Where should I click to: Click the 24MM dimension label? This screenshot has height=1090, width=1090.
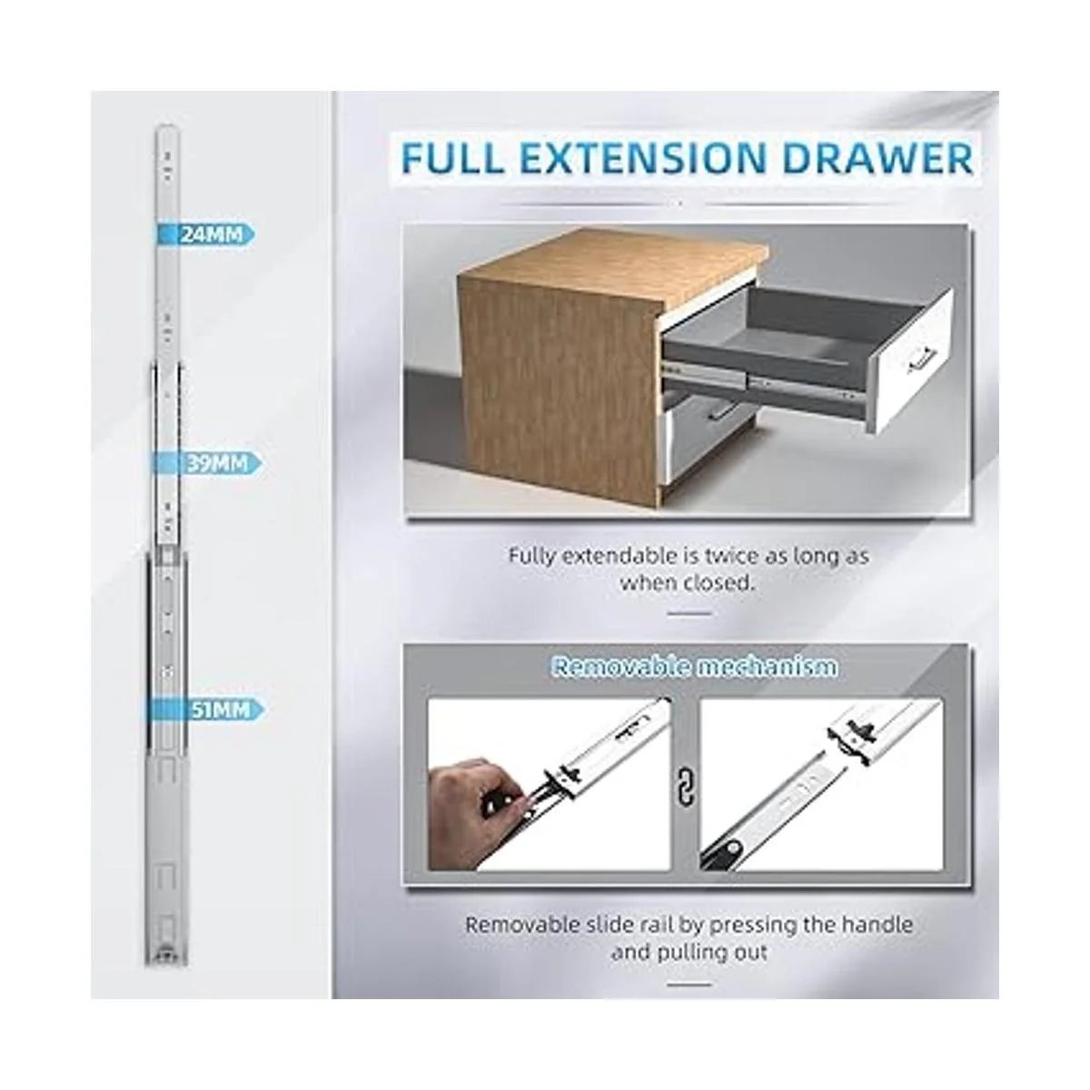click(x=211, y=234)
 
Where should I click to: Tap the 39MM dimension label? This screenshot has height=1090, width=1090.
click(x=217, y=463)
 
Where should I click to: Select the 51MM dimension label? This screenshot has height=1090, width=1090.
click(x=221, y=710)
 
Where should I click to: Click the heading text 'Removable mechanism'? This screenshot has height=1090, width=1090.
click(x=693, y=667)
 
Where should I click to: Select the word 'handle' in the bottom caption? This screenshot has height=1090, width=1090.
click(x=877, y=925)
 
